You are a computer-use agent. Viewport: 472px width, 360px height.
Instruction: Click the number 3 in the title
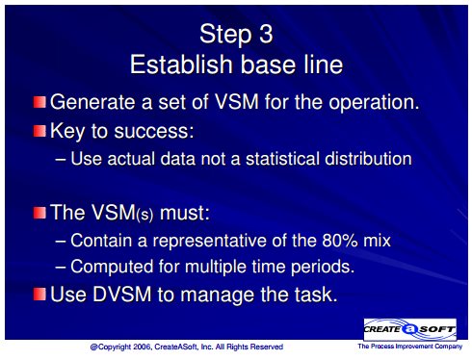266,34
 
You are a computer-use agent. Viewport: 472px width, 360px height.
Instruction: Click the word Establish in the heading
182,64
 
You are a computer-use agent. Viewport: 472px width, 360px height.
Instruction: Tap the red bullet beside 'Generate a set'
39,102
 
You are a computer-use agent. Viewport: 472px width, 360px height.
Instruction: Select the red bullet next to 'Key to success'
39,131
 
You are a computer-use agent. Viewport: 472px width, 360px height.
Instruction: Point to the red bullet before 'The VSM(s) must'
39,213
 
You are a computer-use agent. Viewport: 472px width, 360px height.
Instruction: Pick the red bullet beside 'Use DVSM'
39,294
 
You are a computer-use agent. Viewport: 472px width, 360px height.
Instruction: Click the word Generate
93,102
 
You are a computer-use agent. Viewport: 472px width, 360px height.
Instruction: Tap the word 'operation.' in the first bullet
374,103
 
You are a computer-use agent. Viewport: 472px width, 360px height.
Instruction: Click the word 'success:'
154,131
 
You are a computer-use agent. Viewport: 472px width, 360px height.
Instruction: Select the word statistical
282,159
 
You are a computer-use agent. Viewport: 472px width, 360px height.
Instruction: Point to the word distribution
368,159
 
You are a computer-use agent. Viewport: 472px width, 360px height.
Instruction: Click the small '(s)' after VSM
144,215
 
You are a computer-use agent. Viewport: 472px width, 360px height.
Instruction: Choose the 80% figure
340,241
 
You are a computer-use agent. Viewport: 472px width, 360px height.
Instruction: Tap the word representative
210,241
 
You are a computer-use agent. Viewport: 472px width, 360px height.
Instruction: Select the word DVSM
122,294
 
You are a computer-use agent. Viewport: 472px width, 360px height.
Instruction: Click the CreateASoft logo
409,329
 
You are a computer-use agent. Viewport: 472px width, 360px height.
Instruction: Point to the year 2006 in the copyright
143,347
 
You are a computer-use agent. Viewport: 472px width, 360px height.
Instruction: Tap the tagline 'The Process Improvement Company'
410,347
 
